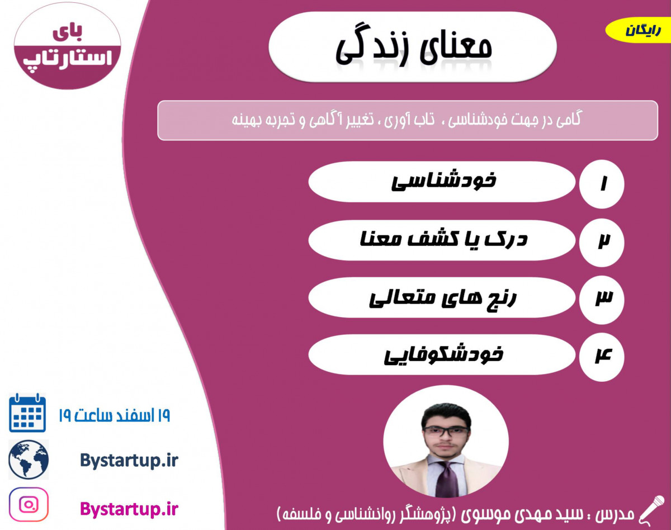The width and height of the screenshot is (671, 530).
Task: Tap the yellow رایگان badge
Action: (x=637, y=31)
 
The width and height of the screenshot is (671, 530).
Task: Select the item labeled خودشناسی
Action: (x=442, y=182)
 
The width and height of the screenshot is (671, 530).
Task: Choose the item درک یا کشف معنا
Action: (x=442, y=240)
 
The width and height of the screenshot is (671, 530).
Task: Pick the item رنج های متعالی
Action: (x=442, y=297)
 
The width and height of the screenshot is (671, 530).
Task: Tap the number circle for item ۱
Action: (x=602, y=184)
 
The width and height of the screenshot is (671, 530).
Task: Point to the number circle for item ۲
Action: (x=602, y=242)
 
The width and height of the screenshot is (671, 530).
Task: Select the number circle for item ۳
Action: (x=602, y=299)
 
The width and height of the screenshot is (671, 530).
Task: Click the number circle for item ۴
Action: (x=602, y=356)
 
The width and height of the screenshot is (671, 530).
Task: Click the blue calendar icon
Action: (x=27, y=413)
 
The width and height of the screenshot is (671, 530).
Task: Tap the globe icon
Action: (x=29, y=460)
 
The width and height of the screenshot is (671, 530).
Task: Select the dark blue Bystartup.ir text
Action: (x=129, y=461)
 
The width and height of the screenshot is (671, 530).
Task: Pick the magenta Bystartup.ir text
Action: (x=129, y=509)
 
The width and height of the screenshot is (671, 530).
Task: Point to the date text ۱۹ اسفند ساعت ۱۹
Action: (x=114, y=415)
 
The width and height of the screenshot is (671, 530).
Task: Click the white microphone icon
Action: (x=651, y=509)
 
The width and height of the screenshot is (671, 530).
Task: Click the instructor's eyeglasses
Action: (x=446, y=431)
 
